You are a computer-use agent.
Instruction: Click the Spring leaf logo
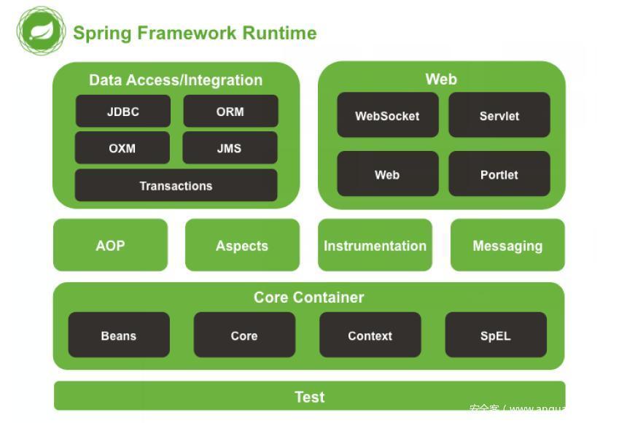pos(42,31)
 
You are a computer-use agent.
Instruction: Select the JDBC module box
pos(122,112)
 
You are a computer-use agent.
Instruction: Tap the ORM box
pos(230,112)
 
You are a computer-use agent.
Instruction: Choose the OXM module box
pos(122,147)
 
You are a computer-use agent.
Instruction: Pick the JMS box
pos(230,147)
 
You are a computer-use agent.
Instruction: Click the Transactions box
pos(176,185)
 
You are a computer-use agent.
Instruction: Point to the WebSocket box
pos(387,115)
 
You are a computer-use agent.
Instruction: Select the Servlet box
pos(499,115)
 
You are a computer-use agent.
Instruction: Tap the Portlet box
pos(499,174)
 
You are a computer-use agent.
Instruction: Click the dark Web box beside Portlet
pos(387,174)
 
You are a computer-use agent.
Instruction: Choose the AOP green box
pos(110,245)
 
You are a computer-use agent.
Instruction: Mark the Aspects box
pos(242,245)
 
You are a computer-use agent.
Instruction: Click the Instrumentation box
pos(375,245)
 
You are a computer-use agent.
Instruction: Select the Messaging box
pos(507,245)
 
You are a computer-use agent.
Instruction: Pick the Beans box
pos(119,335)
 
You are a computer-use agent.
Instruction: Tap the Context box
pos(370,335)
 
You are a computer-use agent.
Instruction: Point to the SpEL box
pos(496,335)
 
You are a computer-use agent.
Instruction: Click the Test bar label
pos(309,397)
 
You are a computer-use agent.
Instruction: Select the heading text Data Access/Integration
pos(176,80)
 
